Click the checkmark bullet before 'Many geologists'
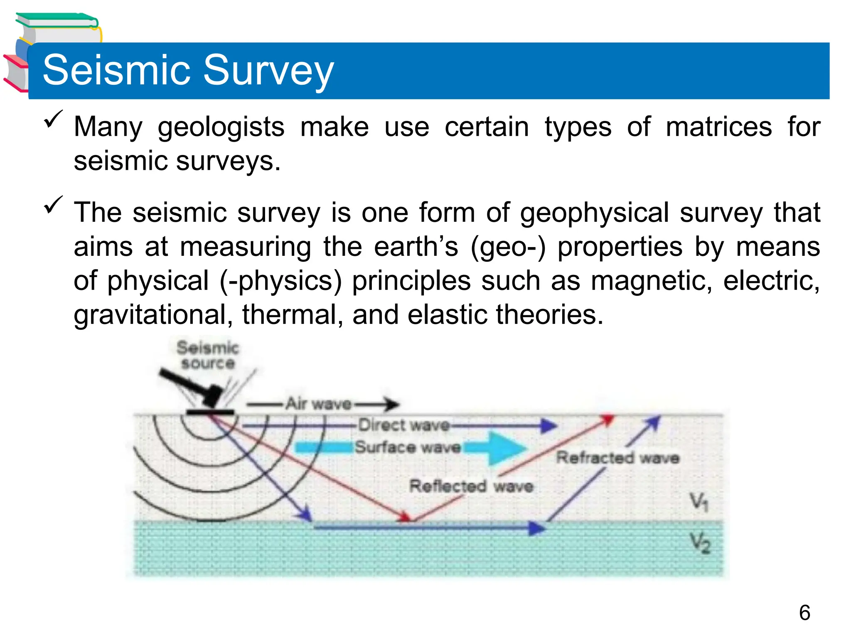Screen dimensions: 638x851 click(x=53, y=119)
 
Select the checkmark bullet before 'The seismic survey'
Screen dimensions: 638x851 click(x=53, y=205)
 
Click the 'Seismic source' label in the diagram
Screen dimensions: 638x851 click(x=208, y=355)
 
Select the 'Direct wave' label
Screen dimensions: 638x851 click(x=404, y=425)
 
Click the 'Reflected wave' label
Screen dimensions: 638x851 click(x=471, y=486)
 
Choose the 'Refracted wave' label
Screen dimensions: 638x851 click(x=617, y=458)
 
